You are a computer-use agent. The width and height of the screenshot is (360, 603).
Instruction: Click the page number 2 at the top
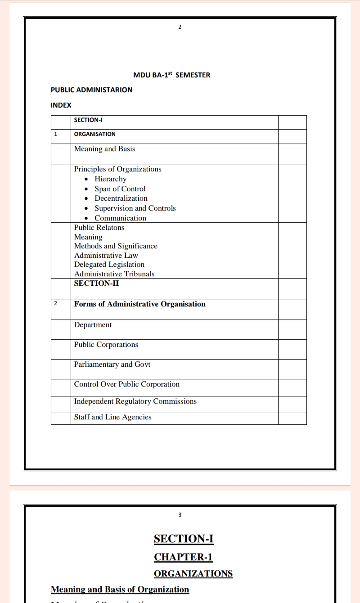(x=180, y=27)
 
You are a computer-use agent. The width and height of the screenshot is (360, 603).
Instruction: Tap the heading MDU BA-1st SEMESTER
(x=171, y=75)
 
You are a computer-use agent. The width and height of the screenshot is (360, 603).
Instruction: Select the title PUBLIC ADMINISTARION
(x=91, y=90)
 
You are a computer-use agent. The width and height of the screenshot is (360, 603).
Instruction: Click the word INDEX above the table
(x=61, y=105)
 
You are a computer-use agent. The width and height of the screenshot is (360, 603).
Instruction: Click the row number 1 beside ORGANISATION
(x=55, y=134)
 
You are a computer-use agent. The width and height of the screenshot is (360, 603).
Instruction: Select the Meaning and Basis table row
(x=104, y=149)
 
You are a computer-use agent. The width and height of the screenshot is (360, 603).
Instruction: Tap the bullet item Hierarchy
(x=110, y=179)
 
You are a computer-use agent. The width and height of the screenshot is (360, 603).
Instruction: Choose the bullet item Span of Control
(x=120, y=189)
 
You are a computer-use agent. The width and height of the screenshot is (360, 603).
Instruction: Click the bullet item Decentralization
(x=121, y=198)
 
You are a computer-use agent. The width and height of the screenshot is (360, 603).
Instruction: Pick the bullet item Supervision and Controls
(x=135, y=208)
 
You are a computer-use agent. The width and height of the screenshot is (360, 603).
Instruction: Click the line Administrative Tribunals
(x=114, y=274)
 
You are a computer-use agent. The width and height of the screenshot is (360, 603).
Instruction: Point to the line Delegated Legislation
(x=109, y=265)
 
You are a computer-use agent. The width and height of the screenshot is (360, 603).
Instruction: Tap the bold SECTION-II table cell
(x=96, y=283)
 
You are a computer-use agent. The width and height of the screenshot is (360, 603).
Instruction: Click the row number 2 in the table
(x=55, y=303)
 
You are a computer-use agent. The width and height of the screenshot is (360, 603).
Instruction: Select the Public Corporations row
(x=106, y=345)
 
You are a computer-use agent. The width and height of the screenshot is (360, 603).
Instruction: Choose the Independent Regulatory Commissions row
(x=135, y=401)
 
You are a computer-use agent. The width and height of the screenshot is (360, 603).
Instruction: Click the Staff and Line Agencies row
(x=113, y=417)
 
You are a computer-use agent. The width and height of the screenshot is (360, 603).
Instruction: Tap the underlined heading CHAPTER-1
(x=183, y=557)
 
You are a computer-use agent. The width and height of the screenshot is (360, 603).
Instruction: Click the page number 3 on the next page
(x=180, y=515)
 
